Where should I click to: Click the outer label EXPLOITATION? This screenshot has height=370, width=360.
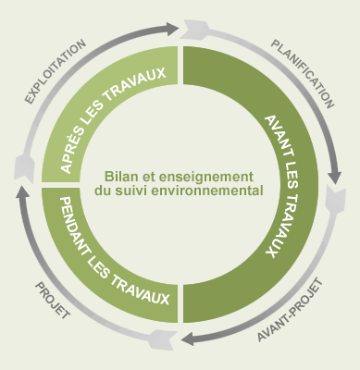(x=58, y=71)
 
